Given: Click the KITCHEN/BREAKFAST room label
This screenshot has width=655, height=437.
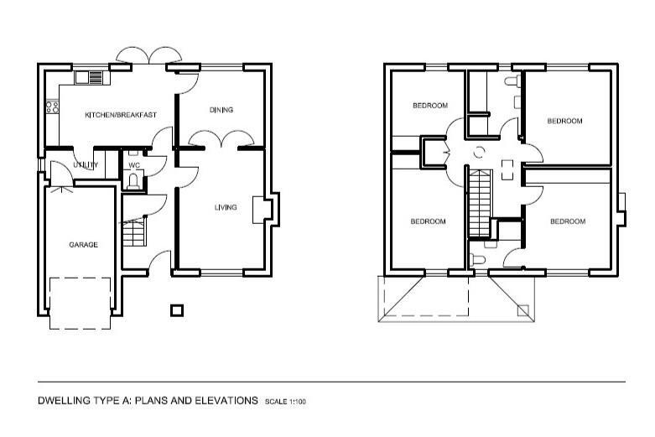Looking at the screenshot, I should (x=121, y=115).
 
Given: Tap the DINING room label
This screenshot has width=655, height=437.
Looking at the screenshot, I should (x=221, y=110).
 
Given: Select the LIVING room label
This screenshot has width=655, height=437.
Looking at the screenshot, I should (x=226, y=207).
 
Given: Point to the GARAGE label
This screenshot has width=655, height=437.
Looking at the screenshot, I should (x=83, y=245).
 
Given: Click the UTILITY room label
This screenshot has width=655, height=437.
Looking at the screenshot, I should (x=86, y=165).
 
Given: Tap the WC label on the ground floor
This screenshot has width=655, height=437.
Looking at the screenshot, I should (x=134, y=165).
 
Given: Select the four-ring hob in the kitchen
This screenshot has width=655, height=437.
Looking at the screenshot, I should (x=52, y=107).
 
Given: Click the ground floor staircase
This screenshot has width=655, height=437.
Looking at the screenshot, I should (x=134, y=232).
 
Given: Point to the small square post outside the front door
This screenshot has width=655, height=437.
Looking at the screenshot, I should (x=176, y=310).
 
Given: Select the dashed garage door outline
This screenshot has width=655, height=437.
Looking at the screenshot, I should (x=80, y=303).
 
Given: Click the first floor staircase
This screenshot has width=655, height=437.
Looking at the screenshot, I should (x=479, y=204).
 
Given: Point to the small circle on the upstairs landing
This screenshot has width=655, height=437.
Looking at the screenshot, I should (x=479, y=153).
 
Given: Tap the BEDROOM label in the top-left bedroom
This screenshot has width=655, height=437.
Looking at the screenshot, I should (x=430, y=106).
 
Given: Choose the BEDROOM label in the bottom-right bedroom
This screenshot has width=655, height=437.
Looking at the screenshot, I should (x=568, y=221).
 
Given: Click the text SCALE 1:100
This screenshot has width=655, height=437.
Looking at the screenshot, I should (x=286, y=403).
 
